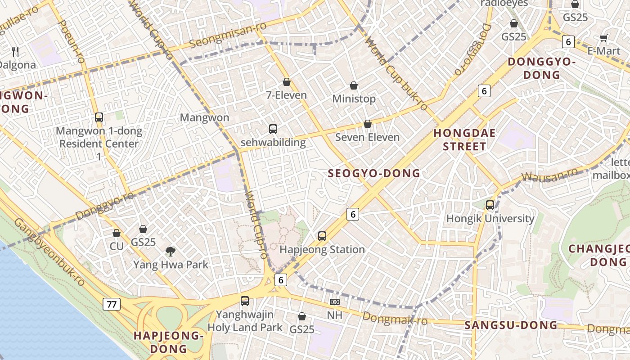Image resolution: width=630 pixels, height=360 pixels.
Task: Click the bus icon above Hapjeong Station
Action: click(x=322, y=236)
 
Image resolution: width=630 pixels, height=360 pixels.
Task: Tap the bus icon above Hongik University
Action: click(x=490, y=205)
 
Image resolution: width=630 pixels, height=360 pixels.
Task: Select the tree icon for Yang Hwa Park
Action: click(x=170, y=251)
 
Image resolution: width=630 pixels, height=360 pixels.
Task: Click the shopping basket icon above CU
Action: click(x=117, y=233)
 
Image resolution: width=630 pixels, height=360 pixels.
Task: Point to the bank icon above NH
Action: click(x=334, y=302)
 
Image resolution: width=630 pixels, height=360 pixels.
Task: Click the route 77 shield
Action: click(x=111, y=304)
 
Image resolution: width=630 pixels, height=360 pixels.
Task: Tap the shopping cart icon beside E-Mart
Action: click(x=604, y=38)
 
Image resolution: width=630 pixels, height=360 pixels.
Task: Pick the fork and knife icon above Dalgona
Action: click(x=16, y=51)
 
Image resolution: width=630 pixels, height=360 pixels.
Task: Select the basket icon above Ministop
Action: click(x=354, y=85)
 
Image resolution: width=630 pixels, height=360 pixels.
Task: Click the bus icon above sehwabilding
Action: click(x=273, y=129)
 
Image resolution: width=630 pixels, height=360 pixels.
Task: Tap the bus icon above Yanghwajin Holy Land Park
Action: click(x=245, y=301)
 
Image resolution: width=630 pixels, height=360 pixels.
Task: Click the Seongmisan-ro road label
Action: click(x=228, y=35)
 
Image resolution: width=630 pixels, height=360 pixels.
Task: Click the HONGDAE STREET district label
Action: click(x=464, y=139)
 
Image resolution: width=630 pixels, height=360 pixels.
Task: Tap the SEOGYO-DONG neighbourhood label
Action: click(x=373, y=173)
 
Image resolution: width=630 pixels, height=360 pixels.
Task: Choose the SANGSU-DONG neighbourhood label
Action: click(x=511, y=325)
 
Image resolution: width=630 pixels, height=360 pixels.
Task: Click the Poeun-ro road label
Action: click(x=72, y=41)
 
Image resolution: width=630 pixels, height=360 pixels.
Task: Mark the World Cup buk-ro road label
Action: click(x=396, y=74)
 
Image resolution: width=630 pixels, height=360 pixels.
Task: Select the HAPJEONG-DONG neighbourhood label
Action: click(x=169, y=342)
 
